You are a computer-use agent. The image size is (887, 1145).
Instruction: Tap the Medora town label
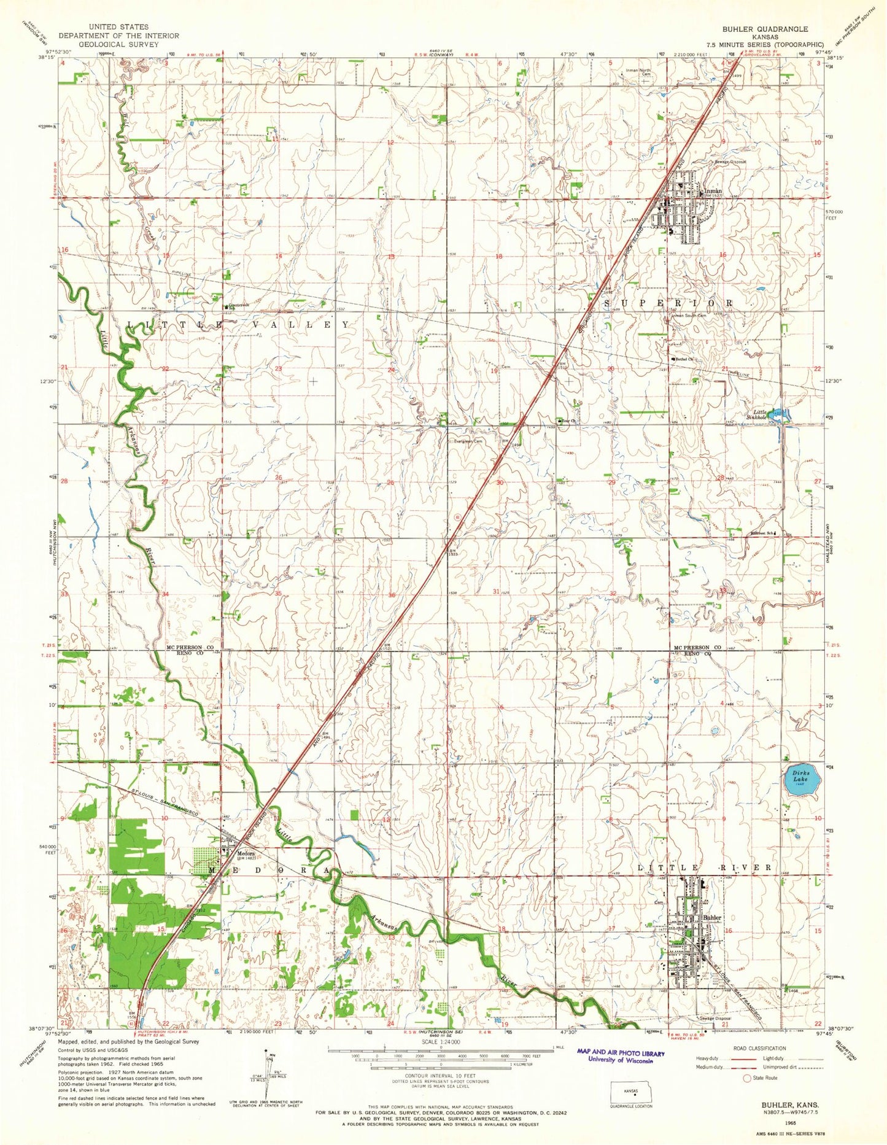pos(238,852)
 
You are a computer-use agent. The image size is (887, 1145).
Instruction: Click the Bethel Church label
pos(684,359)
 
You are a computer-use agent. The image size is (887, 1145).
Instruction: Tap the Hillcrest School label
pos(761,533)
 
